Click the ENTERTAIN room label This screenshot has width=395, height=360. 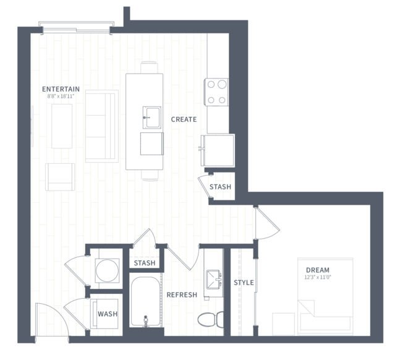coord(61,89)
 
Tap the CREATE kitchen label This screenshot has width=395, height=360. coord(184,119)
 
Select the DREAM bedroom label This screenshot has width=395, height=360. coord(317,270)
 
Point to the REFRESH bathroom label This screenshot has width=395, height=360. coord(182,294)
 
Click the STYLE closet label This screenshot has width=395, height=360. coord(244,283)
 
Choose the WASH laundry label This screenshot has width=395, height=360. coord(108,314)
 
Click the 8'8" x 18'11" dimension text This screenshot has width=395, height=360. coord(61,96)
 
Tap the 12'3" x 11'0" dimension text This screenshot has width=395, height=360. coord(318,277)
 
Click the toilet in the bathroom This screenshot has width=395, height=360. coord(211,319)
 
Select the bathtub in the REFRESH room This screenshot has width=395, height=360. coord(146,302)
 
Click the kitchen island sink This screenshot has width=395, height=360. coord(152,118)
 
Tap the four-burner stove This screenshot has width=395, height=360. coord(216,92)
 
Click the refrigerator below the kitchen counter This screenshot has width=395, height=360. coord(218,150)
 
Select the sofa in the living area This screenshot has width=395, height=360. coord(102,126)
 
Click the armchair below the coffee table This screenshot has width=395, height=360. coord(60,177)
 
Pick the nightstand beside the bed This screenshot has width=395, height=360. coord(283,324)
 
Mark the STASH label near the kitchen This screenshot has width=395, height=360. coord(220,187)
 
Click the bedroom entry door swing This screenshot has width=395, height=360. coord(268,223)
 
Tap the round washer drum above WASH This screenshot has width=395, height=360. coord(107,270)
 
